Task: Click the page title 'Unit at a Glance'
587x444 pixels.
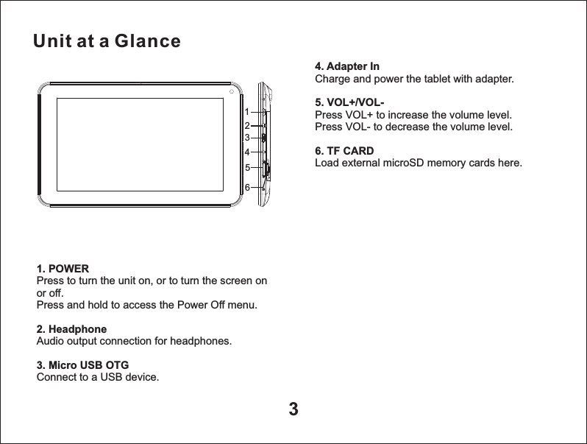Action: tap(107, 41)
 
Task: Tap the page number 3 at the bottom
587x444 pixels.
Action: tap(293, 409)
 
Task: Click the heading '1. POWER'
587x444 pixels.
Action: tap(63, 269)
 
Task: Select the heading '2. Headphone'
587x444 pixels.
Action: tap(71, 329)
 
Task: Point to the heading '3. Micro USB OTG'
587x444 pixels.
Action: tap(82, 365)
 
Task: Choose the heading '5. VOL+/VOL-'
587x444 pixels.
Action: tap(349, 102)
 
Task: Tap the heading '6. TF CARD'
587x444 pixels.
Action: tap(344, 151)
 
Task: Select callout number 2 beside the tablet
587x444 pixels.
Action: tap(248, 126)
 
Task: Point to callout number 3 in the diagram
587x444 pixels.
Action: tap(248, 138)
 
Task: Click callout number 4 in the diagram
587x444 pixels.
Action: tap(248, 152)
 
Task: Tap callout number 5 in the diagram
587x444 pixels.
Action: tap(248, 167)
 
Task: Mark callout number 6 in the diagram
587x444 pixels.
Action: tap(248, 188)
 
